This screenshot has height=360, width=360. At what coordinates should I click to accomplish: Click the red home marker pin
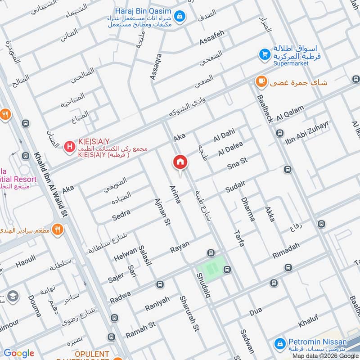point(180,162)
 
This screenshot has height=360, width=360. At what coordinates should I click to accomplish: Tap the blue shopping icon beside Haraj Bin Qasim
point(180,16)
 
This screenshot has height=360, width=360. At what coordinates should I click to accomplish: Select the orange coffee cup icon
point(260,81)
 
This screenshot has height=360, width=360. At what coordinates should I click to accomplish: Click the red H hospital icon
point(69,146)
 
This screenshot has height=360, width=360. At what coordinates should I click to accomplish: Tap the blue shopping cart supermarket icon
point(264,55)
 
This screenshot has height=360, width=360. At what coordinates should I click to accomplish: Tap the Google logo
point(18,353)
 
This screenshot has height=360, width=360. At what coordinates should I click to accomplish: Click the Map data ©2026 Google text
point(328,355)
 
